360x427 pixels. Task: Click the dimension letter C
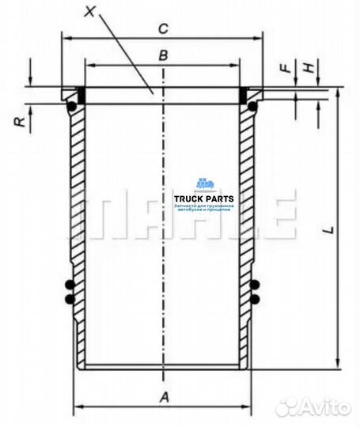coord(161,29)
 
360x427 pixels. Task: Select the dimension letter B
coord(161,55)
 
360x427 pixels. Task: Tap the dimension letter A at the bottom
coord(164,398)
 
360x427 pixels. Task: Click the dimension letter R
coord(18,120)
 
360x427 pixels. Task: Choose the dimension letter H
coord(311,68)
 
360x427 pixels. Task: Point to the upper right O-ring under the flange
coord(253,104)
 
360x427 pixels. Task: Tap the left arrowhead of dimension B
coord(88,66)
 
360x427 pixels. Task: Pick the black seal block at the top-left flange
coord(80,95)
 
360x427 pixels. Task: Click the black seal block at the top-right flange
coord(244,95)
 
